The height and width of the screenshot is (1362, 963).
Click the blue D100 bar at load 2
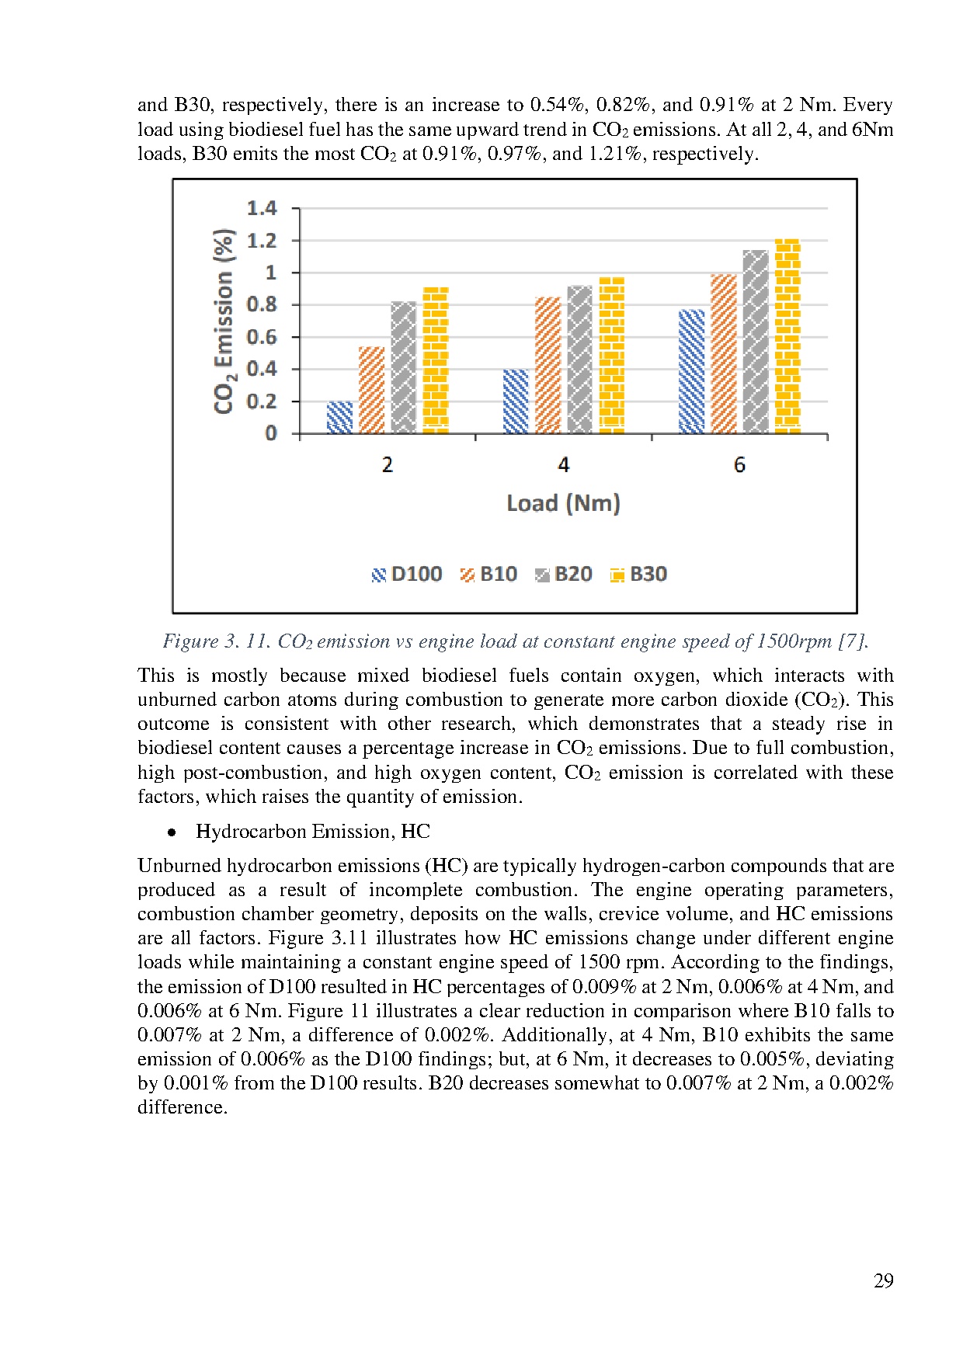click(339, 418)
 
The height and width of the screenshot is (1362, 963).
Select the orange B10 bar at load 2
click(371, 391)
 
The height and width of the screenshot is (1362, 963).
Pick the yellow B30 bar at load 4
click(612, 356)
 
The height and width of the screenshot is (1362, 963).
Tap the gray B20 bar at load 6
click(755, 342)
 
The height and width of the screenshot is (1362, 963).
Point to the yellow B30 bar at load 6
click(787, 336)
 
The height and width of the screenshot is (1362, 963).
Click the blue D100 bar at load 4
click(516, 401)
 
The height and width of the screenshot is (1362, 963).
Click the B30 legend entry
click(638, 575)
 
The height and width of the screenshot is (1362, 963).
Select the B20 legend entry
click(564, 575)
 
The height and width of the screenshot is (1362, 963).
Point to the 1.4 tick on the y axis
click(262, 208)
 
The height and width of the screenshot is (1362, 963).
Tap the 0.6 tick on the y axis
click(262, 337)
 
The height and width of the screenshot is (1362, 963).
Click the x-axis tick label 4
click(564, 465)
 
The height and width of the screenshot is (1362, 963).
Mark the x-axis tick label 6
click(739, 465)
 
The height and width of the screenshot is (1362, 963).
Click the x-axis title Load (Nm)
click(564, 503)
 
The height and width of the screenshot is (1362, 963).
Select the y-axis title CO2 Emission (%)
click(224, 321)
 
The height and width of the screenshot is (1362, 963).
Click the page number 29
click(884, 1280)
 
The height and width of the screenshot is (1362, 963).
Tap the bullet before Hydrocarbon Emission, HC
click(172, 832)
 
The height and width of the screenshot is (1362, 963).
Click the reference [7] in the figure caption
click(853, 641)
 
